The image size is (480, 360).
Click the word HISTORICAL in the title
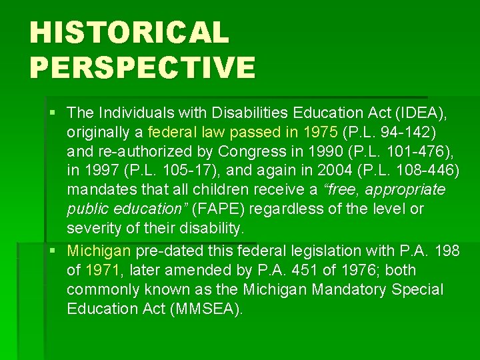[x=129, y=33]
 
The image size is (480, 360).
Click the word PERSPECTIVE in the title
[x=142, y=67]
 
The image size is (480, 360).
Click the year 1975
[x=319, y=131]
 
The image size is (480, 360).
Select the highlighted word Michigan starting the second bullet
[x=99, y=251]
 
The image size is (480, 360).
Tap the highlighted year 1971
[x=103, y=270]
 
